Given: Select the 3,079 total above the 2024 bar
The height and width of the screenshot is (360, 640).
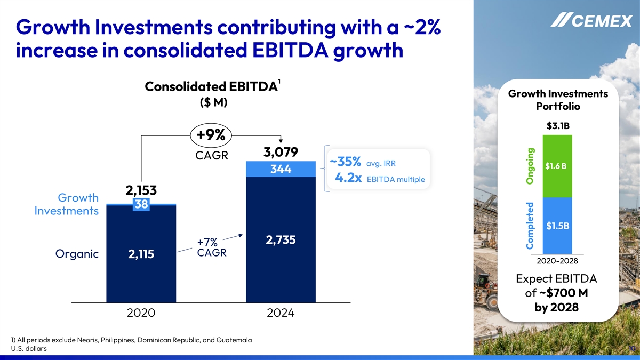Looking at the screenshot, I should (281, 152).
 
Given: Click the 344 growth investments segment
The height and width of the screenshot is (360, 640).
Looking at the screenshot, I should (281, 170).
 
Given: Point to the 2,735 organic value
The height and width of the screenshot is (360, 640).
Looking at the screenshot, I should (281, 240).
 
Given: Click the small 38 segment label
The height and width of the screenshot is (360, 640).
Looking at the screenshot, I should (141, 205).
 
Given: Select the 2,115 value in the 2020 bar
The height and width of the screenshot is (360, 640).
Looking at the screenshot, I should (141, 255).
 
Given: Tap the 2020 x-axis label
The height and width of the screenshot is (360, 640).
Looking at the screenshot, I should (141, 314).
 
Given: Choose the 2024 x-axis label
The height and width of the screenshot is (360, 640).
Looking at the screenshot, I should (281, 314).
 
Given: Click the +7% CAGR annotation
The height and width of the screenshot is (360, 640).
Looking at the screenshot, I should (212, 247).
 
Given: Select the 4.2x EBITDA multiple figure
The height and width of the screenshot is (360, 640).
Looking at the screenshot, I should (379, 179).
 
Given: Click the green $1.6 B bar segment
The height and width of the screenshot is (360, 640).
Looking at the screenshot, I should (557, 166).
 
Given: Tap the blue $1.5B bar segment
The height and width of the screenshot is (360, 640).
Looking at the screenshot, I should (557, 226).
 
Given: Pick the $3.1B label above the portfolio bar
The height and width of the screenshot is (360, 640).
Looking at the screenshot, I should (557, 126).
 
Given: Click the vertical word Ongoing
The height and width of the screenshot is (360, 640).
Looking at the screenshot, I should (530, 166).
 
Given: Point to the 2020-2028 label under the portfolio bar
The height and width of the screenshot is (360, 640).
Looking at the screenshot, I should (557, 261).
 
